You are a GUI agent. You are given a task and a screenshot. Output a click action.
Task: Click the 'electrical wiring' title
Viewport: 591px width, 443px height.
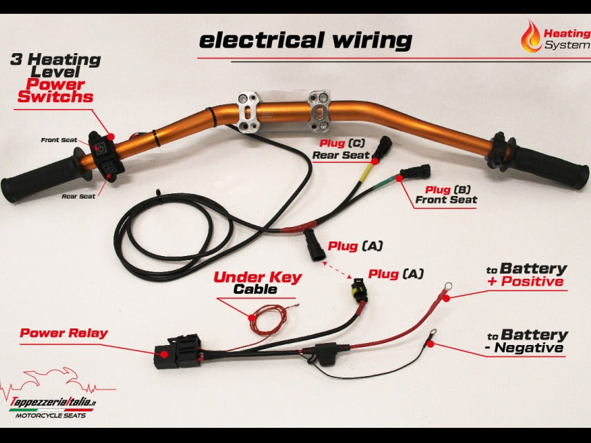(x=304, y=40)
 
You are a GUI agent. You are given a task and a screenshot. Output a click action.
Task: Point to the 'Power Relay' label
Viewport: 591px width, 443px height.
(x=64, y=333)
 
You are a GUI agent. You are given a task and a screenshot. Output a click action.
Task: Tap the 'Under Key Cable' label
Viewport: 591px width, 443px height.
(x=258, y=283)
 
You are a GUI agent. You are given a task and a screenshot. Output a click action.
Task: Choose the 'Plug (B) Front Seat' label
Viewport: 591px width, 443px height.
(x=445, y=195)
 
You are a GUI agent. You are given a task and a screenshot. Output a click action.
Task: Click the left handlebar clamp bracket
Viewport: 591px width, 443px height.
(x=249, y=112)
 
